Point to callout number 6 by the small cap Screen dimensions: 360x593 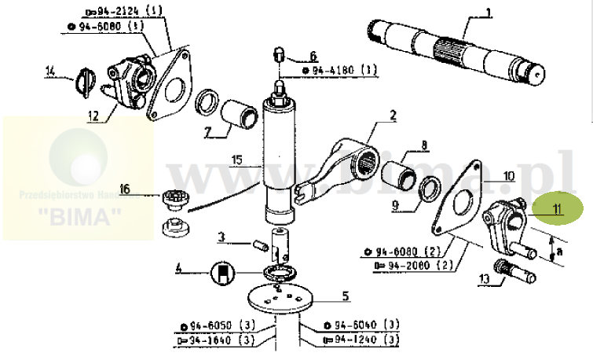(312, 56)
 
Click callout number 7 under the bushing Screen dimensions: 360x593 (207, 131)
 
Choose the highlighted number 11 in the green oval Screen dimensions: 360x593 (557, 209)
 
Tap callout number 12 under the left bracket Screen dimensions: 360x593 (93, 116)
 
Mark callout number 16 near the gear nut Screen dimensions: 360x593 (124, 189)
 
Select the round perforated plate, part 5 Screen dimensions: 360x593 (280, 300)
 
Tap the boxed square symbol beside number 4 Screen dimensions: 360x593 (222, 272)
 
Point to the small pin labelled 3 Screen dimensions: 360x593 (255, 248)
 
